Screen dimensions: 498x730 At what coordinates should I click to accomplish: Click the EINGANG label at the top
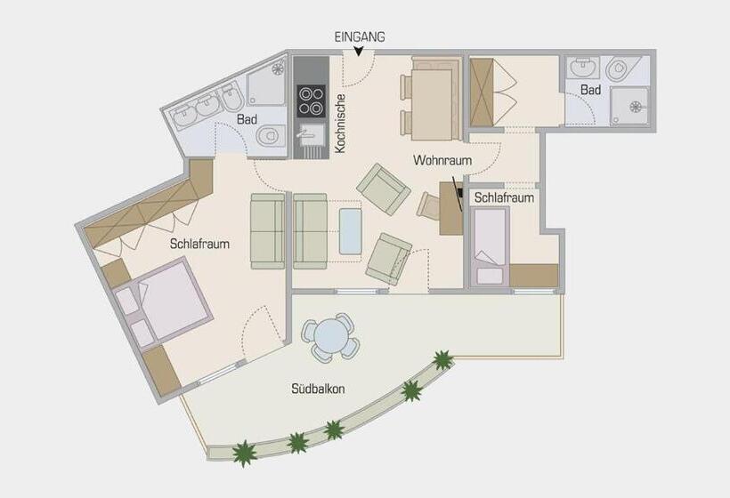click(x=360, y=37)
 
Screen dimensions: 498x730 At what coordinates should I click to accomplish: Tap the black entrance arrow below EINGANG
click(x=360, y=52)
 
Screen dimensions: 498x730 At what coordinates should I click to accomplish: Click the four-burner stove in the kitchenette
click(x=311, y=100)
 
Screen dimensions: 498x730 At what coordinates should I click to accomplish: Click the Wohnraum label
click(x=442, y=160)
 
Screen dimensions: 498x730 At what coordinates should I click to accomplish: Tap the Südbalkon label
click(x=318, y=389)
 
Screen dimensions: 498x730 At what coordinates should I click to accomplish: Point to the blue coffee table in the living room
click(x=352, y=230)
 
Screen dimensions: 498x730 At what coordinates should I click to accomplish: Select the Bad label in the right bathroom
click(x=589, y=91)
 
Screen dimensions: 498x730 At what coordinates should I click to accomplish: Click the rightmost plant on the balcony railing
click(x=442, y=360)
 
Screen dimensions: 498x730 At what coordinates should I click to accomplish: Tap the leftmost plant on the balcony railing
click(x=244, y=453)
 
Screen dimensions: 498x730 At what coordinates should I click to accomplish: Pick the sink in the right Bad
click(x=585, y=68)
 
